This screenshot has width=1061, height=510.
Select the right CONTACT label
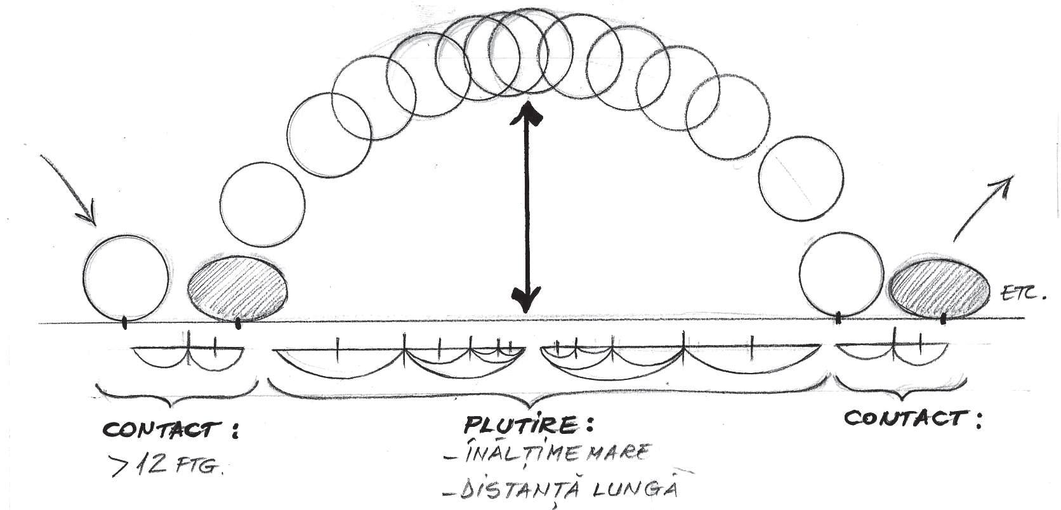[906, 419]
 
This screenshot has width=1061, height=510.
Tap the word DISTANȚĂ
[515, 490]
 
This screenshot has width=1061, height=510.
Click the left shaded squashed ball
[238, 288]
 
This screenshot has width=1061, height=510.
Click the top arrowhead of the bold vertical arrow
[527, 113]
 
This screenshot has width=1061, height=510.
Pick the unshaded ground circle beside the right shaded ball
[841, 273]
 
